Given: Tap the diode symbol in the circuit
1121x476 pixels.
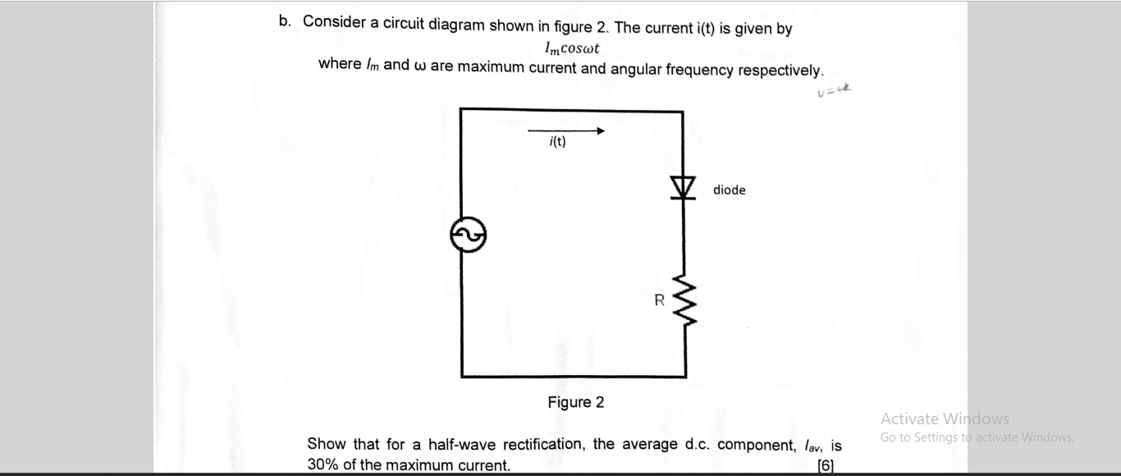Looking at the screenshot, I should (x=683, y=188).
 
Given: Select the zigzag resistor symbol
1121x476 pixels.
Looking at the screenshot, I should (x=684, y=301).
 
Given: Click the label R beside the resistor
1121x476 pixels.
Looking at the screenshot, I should (x=659, y=300).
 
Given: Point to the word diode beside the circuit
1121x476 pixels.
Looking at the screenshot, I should (x=729, y=190).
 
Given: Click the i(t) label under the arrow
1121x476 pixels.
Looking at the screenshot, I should (x=557, y=142).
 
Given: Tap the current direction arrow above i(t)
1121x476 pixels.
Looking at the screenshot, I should (x=566, y=130).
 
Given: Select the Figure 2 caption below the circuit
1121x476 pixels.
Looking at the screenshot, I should (x=576, y=402).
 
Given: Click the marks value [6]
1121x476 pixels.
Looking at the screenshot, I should (x=826, y=465).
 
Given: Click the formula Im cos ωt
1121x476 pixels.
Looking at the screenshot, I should (x=572, y=48).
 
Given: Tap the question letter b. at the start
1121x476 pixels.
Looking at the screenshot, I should (x=285, y=21).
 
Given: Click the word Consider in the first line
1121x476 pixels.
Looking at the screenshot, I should (x=334, y=22).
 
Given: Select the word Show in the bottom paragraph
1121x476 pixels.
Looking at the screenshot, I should (x=326, y=444).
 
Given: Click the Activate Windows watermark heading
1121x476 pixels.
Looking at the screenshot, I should (x=945, y=419).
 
